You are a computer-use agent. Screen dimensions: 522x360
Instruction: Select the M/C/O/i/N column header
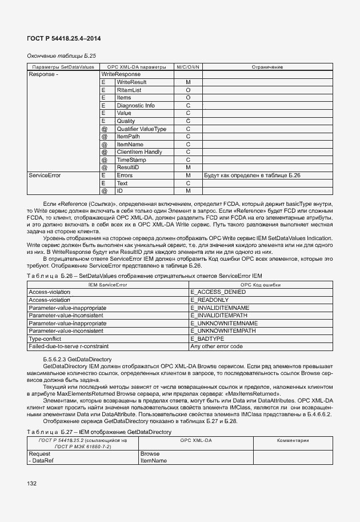pos(187,67)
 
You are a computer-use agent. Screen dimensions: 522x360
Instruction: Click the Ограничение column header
pos(267,67)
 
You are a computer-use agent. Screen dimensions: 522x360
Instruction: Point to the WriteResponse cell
pos(121,74)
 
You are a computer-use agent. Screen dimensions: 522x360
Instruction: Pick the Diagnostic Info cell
pos(135,106)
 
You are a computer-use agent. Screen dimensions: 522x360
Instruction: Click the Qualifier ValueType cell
pos(141,129)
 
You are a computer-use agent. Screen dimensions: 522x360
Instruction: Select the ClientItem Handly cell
pos(139,152)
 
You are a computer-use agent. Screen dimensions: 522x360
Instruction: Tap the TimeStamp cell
pos(131,160)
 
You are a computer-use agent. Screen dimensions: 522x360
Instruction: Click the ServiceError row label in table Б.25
pos(45,176)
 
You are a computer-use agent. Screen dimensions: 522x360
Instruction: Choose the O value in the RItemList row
pos(187,90)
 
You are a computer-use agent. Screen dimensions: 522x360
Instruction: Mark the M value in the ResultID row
pos(187,168)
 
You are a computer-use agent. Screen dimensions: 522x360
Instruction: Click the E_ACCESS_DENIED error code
pos(218,292)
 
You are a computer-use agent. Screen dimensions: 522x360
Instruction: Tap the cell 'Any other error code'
pos(217,346)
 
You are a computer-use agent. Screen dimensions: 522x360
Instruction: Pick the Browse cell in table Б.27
pos(149,453)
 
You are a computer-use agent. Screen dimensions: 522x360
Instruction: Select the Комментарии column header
pos(293,441)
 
